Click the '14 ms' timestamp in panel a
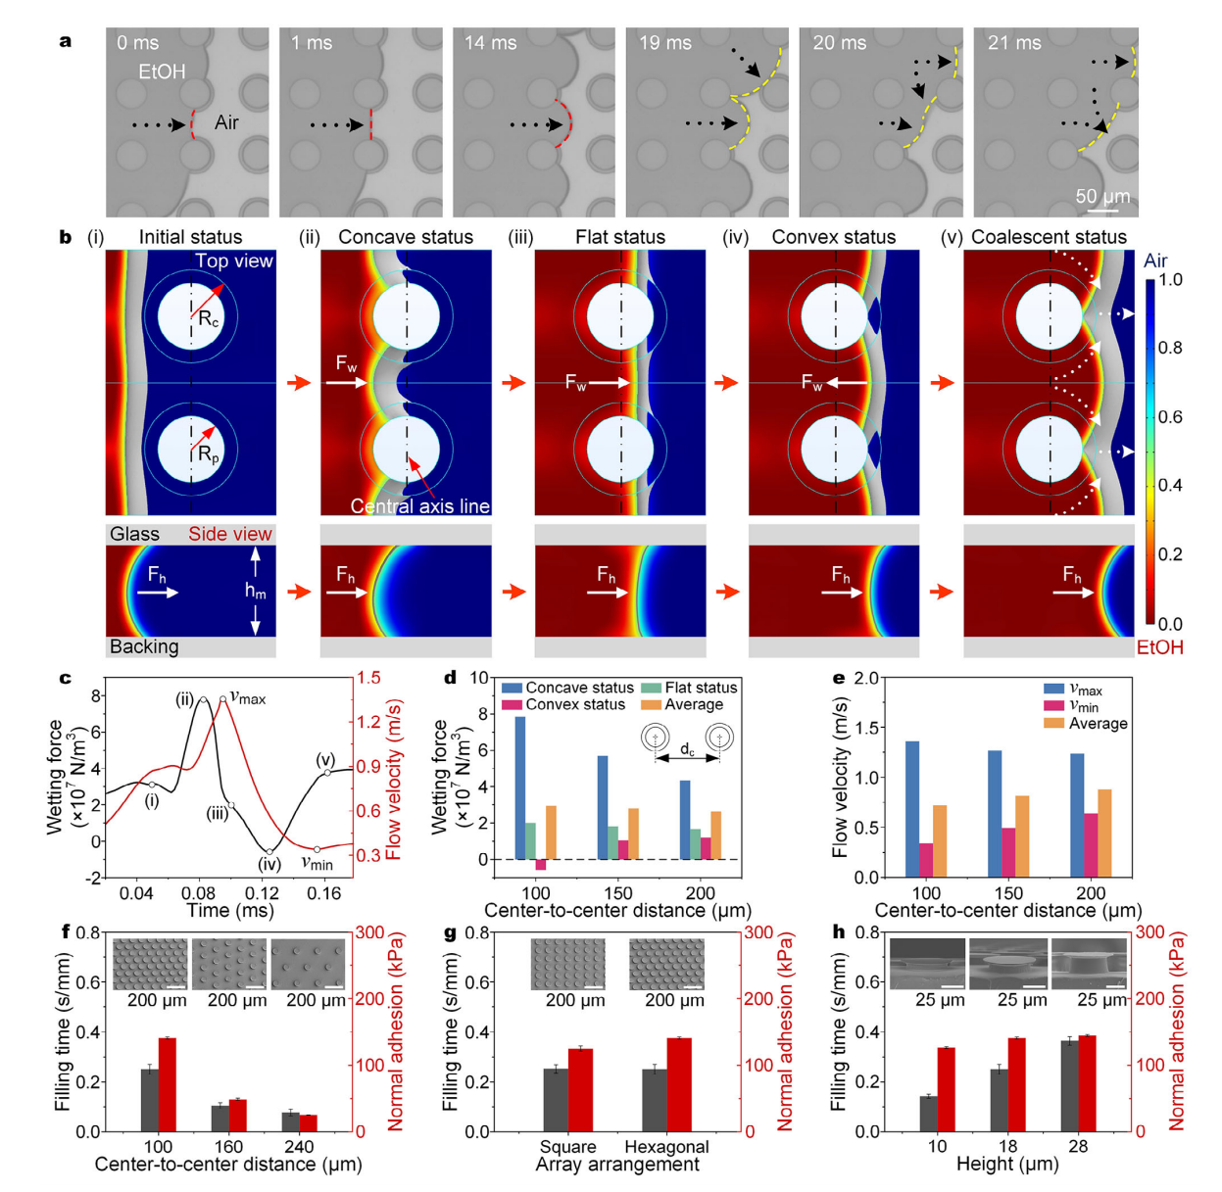tap(490, 43)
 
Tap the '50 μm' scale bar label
tap(1102, 196)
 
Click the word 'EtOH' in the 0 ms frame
tap(162, 72)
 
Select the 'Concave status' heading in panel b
tap(405, 237)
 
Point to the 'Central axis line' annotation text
tap(420, 505)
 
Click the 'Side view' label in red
tap(230, 534)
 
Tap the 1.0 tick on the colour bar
tap(1170, 280)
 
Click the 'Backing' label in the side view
tap(144, 646)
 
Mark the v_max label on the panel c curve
tap(248, 697)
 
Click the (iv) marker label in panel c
tap(269, 865)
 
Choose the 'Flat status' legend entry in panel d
tap(701, 688)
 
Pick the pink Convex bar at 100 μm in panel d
tap(541, 864)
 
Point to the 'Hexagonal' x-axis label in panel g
tap(666, 1147)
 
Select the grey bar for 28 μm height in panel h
tap(1069, 1085)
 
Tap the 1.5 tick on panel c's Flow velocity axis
tap(368, 678)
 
